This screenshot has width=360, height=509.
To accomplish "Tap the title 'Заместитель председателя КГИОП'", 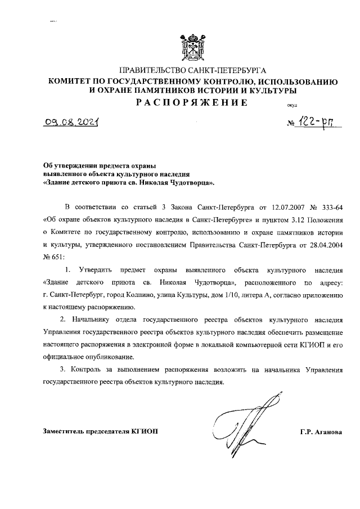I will pyautogui.click(x=101, y=431).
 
